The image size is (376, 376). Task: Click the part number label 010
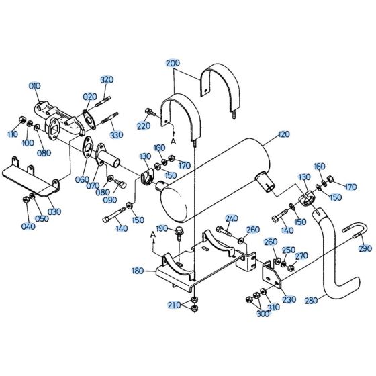click(x=34, y=85)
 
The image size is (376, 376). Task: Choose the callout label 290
click(x=365, y=249)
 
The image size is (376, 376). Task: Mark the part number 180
click(x=138, y=271)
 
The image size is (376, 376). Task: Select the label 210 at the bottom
click(x=174, y=306)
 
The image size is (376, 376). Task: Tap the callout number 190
click(x=161, y=229)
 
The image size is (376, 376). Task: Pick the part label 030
click(x=54, y=211)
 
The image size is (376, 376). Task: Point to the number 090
click(x=109, y=199)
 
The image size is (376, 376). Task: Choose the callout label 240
click(x=232, y=218)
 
